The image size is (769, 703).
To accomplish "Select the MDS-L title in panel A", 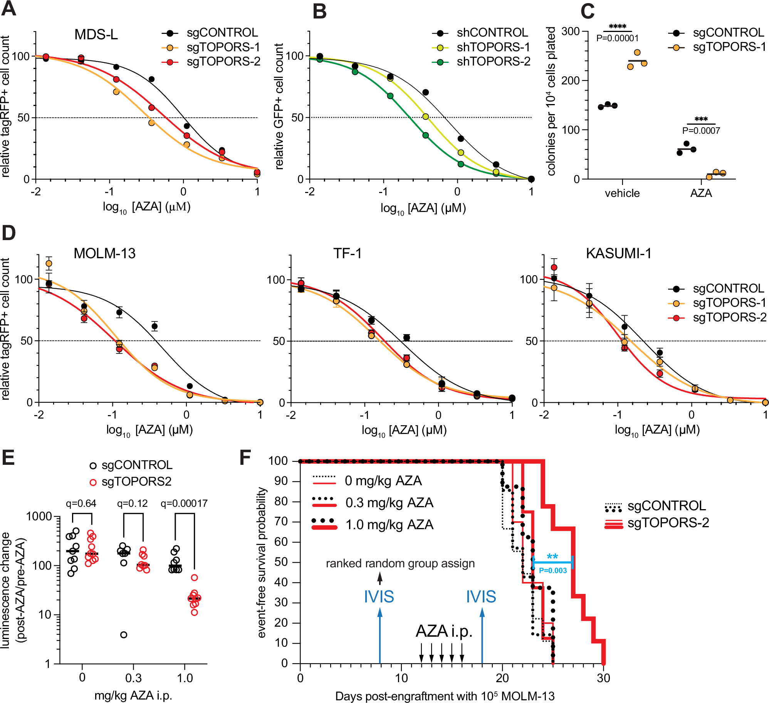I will click(96, 35).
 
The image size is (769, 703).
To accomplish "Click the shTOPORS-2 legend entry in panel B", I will click(493, 61).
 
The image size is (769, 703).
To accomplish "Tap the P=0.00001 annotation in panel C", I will click(617, 38).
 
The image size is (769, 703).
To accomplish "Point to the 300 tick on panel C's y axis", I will click(571, 31).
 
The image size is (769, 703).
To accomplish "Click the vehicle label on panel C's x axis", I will click(622, 193).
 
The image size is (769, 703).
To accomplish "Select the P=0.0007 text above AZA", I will click(701, 131).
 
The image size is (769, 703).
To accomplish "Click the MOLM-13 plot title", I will click(104, 254).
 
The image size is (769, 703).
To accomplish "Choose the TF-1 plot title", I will click(347, 254).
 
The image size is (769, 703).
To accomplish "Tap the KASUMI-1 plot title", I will click(618, 254).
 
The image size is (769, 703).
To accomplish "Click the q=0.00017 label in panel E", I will click(184, 503).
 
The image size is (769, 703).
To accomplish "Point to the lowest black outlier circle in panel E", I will click(124, 635).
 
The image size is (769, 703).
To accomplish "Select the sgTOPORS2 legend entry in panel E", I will click(136, 481).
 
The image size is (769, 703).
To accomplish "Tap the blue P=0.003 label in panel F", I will click(552, 571).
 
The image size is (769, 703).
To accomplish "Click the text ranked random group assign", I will click(400, 563).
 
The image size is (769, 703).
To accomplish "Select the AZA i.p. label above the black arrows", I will click(444, 631).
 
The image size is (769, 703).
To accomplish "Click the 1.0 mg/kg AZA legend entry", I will click(389, 525).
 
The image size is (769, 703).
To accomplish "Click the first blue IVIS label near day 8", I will click(379, 597).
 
